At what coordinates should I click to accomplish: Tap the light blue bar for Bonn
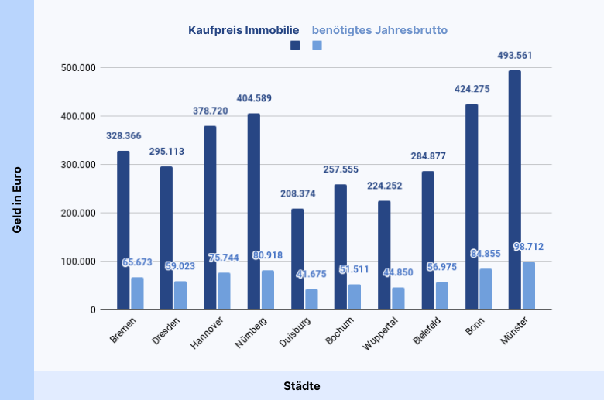pyautogui.click(x=486, y=289)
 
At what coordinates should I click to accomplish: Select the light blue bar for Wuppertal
pyautogui.click(x=398, y=298)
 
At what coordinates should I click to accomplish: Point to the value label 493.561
pyautogui.click(x=515, y=56)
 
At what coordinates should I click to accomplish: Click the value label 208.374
pyautogui.click(x=297, y=193)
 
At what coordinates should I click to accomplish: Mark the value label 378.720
pyautogui.click(x=211, y=111)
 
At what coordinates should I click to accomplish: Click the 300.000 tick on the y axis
pyautogui.click(x=80, y=165)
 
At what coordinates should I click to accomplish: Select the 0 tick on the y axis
pyautogui.click(x=93, y=309)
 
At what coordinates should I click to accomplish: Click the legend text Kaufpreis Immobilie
pyautogui.click(x=243, y=30)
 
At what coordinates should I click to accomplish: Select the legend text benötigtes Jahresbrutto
pyautogui.click(x=379, y=30)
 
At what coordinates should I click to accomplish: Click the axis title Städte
pyautogui.click(x=301, y=385)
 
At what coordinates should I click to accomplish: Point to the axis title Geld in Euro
pyautogui.click(x=16, y=200)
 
